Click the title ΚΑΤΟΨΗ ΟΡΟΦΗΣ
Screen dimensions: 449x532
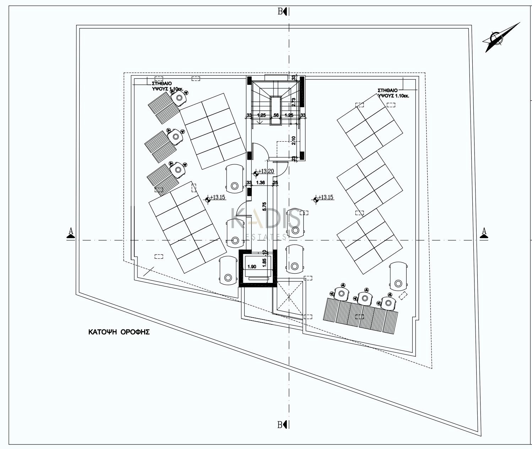click(x=119, y=332)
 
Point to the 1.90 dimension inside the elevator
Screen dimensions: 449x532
click(x=251, y=267)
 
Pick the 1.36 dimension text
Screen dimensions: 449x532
click(x=260, y=183)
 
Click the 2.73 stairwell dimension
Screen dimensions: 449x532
click(x=294, y=102)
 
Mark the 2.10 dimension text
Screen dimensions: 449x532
click(x=294, y=141)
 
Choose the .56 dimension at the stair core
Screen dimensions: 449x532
click(x=275, y=115)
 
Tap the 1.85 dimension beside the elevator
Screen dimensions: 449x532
click(x=264, y=263)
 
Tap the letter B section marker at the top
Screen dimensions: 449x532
click(x=280, y=12)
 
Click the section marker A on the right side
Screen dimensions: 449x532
click(x=483, y=232)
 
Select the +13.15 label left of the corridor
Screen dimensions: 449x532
click(x=218, y=197)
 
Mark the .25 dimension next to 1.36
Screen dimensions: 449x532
click(x=275, y=183)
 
